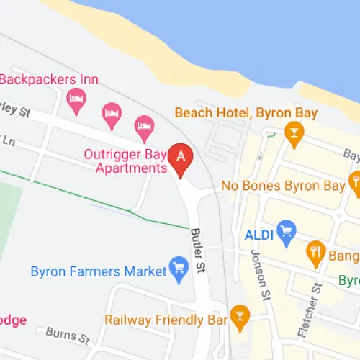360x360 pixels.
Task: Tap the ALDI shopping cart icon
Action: coord(287,230)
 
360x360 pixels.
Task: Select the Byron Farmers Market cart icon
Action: coord(177,269)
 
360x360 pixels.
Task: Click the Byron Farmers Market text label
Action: coord(97,272)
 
